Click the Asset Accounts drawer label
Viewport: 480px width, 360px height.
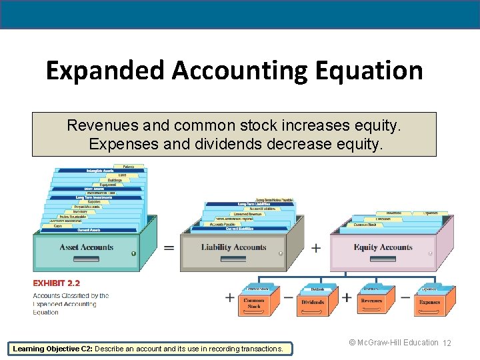pyautogui.click(x=87, y=247)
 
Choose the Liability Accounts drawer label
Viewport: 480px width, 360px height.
pyautogui.click(x=233, y=247)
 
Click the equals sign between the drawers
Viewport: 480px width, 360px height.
pyautogui.click(x=169, y=247)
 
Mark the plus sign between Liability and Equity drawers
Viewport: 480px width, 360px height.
pyautogui.click(x=316, y=247)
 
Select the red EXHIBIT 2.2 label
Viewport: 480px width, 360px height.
pyautogui.click(x=57, y=283)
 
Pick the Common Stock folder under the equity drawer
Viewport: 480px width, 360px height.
pyautogui.click(x=255, y=303)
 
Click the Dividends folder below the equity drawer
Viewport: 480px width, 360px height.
pyautogui.click(x=313, y=302)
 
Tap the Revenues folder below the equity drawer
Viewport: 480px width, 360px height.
pyautogui.click(x=371, y=301)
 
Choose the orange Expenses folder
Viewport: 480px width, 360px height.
pyautogui.click(x=430, y=301)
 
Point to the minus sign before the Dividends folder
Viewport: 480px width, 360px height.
pyautogui.click(x=288, y=297)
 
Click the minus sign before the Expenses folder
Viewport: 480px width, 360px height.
pyautogui.click(x=405, y=297)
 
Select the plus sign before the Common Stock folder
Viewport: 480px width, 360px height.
pyautogui.click(x=230, y=297)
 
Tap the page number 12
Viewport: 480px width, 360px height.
pyautogui.click(x=447, y=343)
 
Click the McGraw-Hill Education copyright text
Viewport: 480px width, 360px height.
pyautogui.click(x=393, y=343)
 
